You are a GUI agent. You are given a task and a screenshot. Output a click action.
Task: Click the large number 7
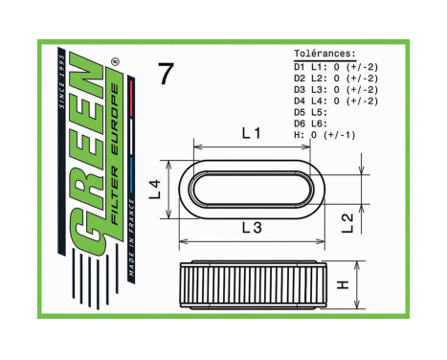166,74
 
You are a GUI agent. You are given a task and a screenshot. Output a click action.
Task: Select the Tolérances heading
325,55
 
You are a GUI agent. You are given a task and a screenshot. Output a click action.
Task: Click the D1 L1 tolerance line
335,66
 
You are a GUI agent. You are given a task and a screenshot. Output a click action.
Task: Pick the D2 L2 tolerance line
335,78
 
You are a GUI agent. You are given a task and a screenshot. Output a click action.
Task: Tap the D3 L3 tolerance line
335,89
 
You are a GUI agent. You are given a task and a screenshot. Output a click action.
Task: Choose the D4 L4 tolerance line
335,101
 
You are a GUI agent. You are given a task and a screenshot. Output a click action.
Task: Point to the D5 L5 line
311,112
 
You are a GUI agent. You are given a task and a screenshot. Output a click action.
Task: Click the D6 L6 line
311,124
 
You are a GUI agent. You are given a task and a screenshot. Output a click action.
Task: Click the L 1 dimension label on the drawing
251,134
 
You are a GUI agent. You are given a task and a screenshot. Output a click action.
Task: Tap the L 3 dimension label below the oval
252,227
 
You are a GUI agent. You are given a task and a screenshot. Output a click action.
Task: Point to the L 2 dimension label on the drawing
349,222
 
